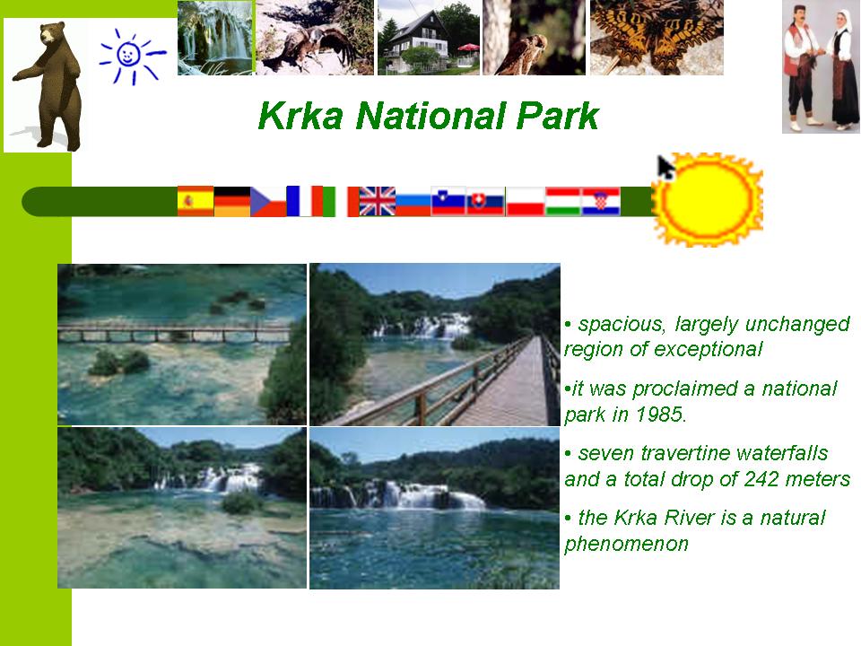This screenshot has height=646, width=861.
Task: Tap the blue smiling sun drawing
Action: [131, 56]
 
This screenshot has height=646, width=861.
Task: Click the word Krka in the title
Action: [300, 116]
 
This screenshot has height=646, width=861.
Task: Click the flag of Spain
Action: [196, 201]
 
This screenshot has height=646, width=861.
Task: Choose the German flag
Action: [231, 201]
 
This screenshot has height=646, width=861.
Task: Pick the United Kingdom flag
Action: [378, 201]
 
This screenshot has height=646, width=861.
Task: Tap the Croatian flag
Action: [601, 201]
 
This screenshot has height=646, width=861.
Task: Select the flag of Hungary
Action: [563, 201]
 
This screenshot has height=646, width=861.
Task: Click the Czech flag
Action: [268, 201]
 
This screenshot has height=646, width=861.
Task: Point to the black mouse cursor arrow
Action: [665, 167]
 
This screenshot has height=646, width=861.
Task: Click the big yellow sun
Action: [708, 199]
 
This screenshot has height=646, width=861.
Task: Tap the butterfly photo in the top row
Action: [657, 38]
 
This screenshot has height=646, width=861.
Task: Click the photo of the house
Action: [429, 38]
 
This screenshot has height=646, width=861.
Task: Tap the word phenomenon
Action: [627, 544]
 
